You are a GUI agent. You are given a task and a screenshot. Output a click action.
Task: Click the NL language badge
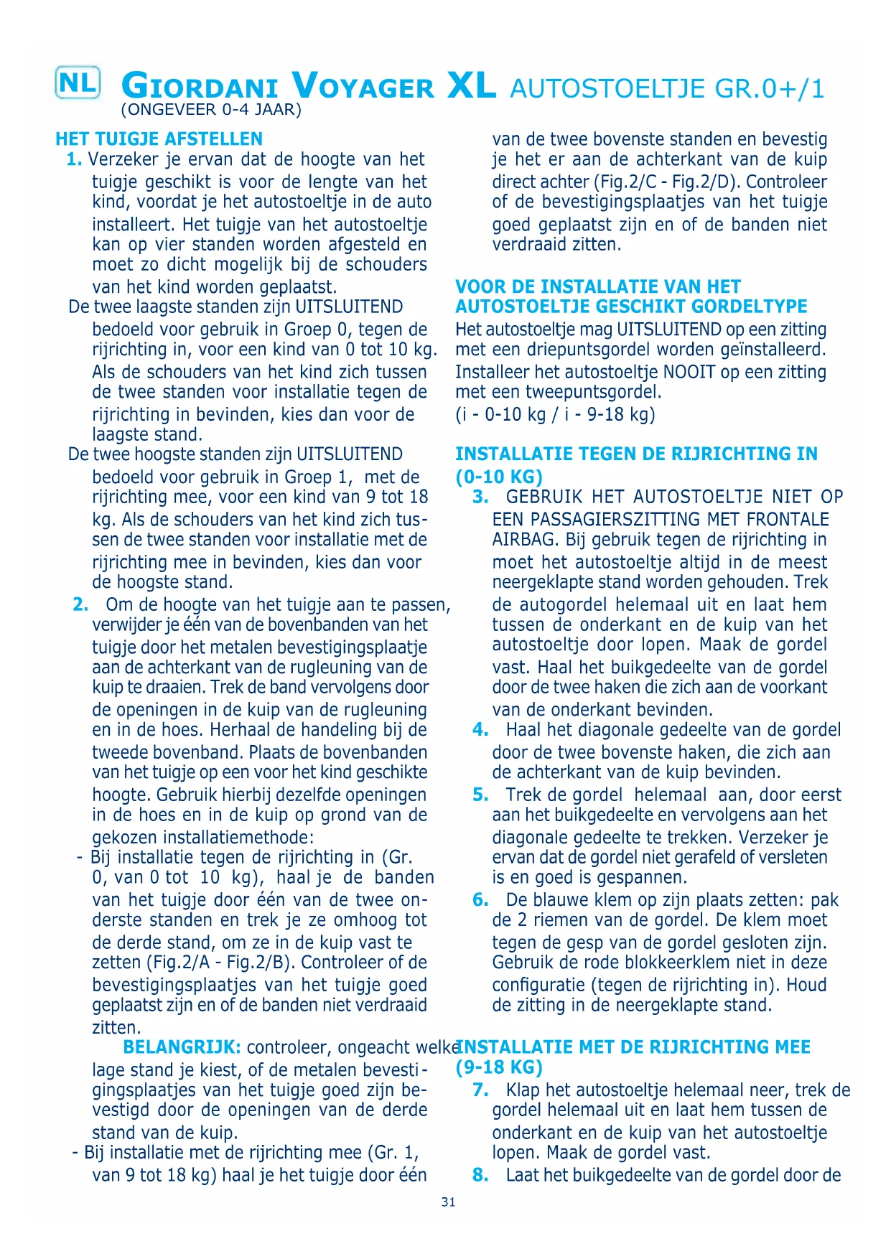pyautogui.click(x=78, y=83)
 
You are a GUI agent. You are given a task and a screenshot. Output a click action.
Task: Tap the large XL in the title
pyautogui.click(x=471, y=86)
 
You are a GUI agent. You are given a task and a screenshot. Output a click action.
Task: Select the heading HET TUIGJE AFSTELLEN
pyautogui.click(x=159, y=139)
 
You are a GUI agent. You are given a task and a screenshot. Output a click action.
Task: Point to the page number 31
pyautogui.click(x=449, y=1202)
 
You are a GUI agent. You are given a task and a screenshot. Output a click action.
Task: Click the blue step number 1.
pyautogui.click(x=73, y=159)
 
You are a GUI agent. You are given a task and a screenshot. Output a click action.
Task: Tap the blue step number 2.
pyautogui.click(x=80, y=604)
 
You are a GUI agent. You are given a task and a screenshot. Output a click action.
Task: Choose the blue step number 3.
pyautogui.click(x=480, y=497)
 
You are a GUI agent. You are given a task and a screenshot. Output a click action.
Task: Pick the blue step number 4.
pyautogui.click(x=480, y=730)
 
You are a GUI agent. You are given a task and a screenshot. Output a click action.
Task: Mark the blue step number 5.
pyautogui.click(x=480, y=795)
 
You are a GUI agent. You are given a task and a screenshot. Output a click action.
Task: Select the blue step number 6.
pyautogui.click(x=480, y=900)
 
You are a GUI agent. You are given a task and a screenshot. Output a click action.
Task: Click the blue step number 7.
pyautogui.click(x=480, y=1090)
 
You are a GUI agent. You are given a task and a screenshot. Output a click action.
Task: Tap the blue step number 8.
pyautogui.click(x=480, y=1175)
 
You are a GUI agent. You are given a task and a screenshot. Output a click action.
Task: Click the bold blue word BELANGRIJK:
pyautogui.click(x=182, y=1048)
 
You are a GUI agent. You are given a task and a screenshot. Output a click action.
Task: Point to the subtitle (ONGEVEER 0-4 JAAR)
pyautogui.click(x=211, y=110)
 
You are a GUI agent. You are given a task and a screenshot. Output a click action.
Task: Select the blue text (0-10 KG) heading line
pyautogui.click(x=499, y=477)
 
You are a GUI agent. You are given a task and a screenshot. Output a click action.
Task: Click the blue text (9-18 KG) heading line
pyautogui.click(x=499, y=1067)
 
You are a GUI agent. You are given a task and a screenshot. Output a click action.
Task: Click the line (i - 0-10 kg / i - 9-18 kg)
pyautogui.click(x=555, y=414)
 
